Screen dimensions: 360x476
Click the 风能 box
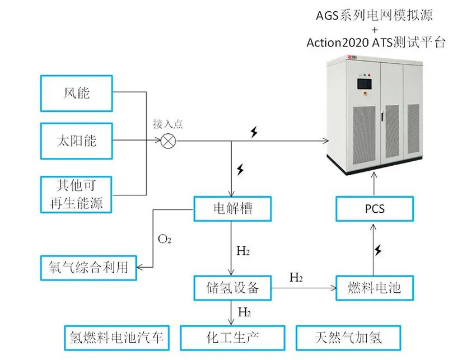(x=76, y=93)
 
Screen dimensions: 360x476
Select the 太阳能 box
(x=76, y=140)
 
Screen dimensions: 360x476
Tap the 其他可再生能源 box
(x=76, y=194)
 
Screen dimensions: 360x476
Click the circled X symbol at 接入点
(x=167, y=141)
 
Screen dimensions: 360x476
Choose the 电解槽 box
(x=232, y=209)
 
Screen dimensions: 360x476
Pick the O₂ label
(x=164, y=240)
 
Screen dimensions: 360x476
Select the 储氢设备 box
(x=232, y=288)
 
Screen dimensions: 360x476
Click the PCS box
(x=375, y=209)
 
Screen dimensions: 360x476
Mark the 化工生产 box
(x=232, y=338)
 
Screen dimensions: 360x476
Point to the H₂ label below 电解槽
(x=243, y=251)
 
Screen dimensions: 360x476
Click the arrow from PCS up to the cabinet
(x=375, y=182)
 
